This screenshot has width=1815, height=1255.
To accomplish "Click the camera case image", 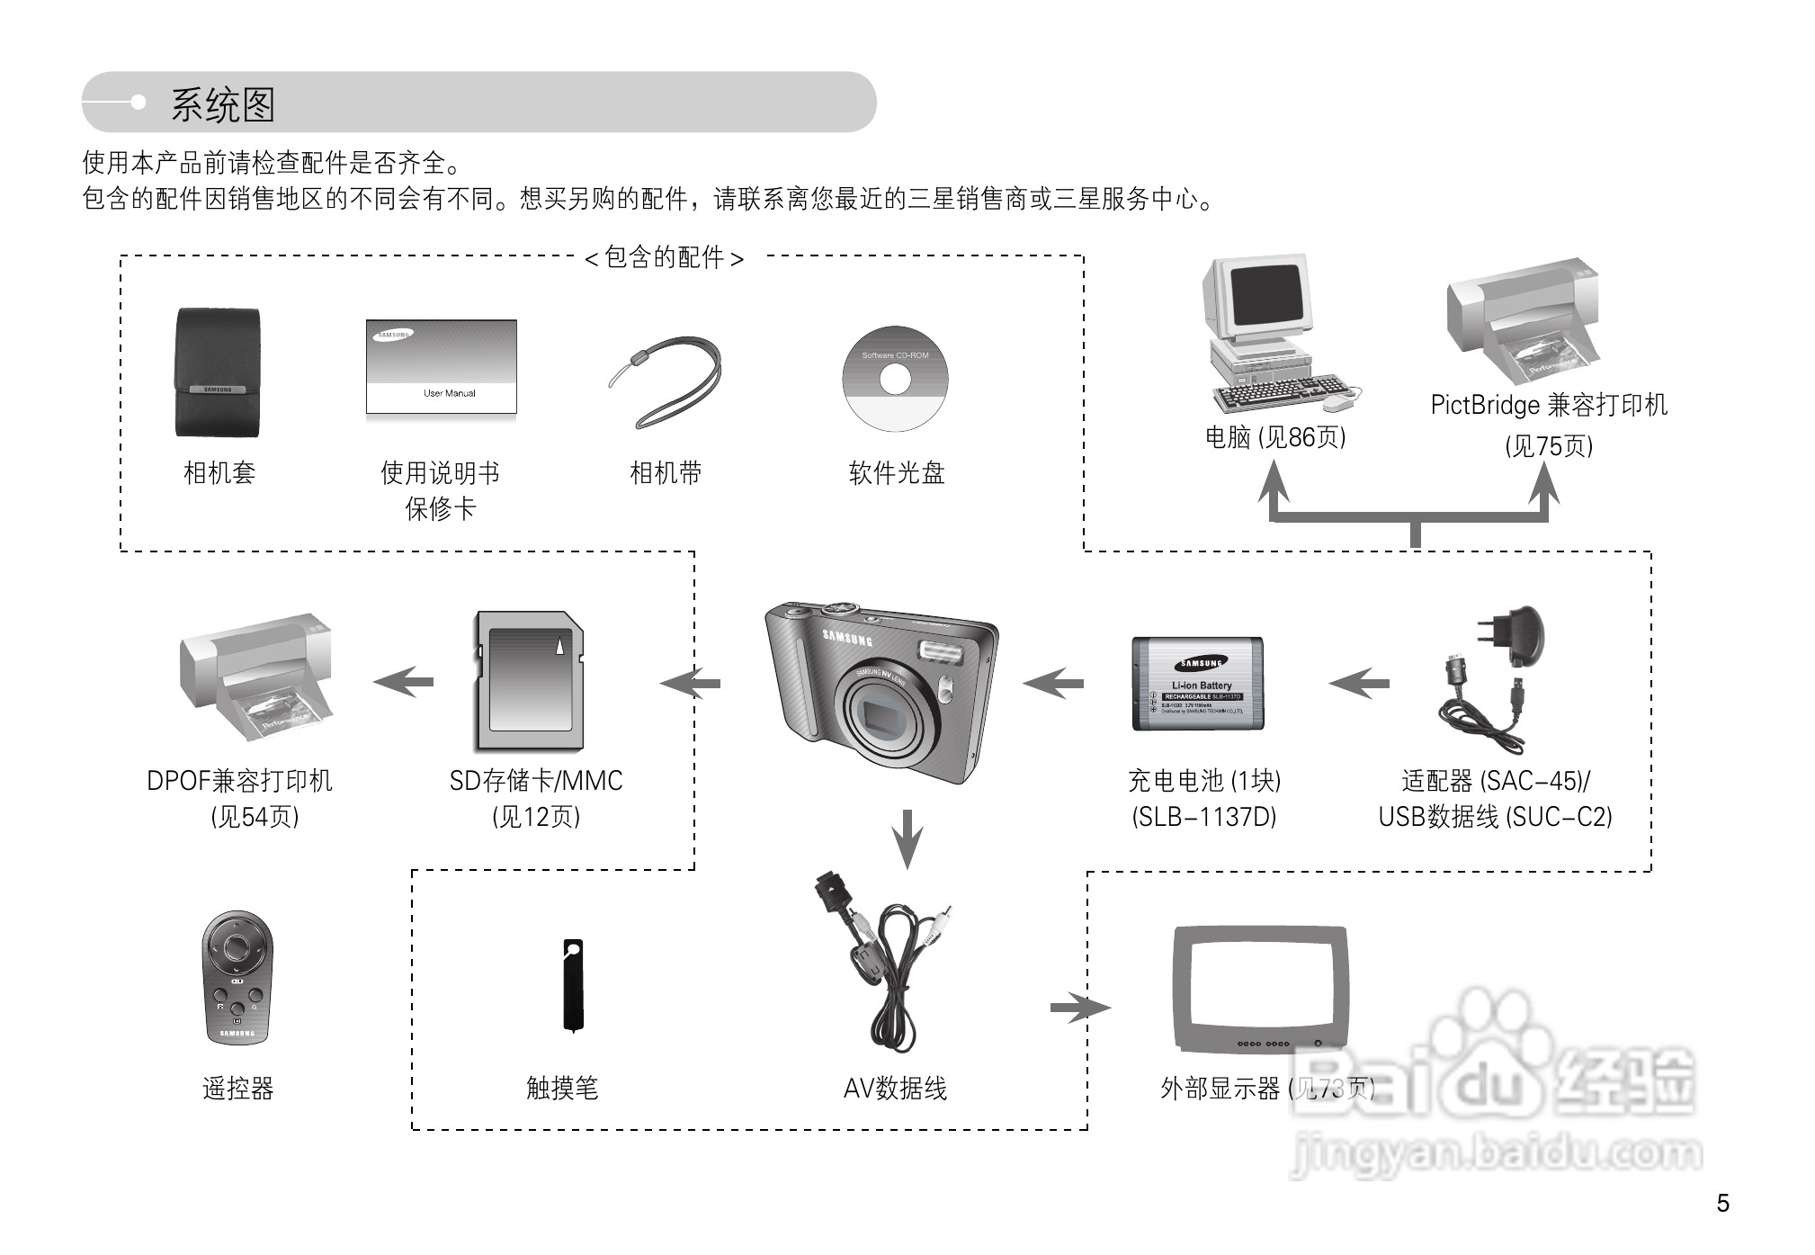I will [217, 372].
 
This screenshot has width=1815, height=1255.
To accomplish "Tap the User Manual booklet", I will [441, 366].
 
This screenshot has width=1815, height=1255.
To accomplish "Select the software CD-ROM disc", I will [895, 379].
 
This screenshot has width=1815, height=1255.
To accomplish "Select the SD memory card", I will [529, 681].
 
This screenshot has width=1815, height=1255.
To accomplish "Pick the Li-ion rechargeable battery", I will [1197, 684].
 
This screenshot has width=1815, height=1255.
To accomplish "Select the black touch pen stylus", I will [573, 984].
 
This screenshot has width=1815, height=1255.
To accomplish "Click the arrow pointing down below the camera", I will [907, 838].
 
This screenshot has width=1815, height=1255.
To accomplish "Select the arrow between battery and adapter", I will [1359, 684].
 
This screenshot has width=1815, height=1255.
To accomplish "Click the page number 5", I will [1722, 1204].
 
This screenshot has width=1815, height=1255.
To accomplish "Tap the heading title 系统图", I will [222, 105].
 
